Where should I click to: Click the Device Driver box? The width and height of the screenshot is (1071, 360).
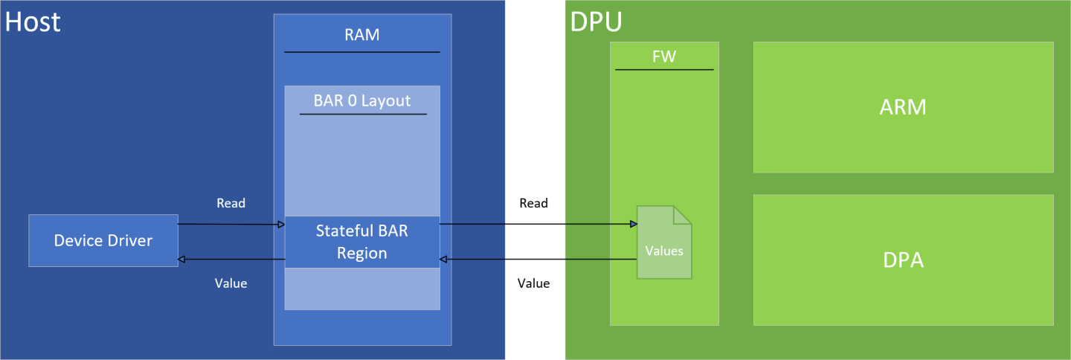(x=103, y=240)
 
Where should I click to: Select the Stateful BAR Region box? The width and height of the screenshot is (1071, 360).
(x=362, y=242)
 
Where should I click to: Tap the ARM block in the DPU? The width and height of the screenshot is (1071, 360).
(x=903, y=107)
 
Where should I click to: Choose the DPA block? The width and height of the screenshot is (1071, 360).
(x=903, y=260)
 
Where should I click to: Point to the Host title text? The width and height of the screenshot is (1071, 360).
(x=33, y=22)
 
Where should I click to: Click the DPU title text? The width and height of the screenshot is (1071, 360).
(x=596, y=22)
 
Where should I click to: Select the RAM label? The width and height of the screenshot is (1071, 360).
(x=362, y=35)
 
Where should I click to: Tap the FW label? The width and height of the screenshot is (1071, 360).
(x=664, y=57)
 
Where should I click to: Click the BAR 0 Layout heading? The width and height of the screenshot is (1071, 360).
(x=362, y=100)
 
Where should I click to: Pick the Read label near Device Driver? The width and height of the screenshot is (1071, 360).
(x=231, y=203)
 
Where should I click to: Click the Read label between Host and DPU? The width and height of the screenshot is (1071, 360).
(x=533, y=203)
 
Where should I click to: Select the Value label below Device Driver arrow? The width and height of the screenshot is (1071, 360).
(x=231, y=283)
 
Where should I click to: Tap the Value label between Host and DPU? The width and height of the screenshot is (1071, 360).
(x=533, y=283)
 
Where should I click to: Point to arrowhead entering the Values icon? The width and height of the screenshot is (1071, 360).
(x=633, y=224)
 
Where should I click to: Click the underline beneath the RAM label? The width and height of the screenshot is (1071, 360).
(x=362, y=52)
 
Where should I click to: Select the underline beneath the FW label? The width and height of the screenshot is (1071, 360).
(x=664, y=70)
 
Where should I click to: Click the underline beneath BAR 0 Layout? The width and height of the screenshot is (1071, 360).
(x=362, y=114)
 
